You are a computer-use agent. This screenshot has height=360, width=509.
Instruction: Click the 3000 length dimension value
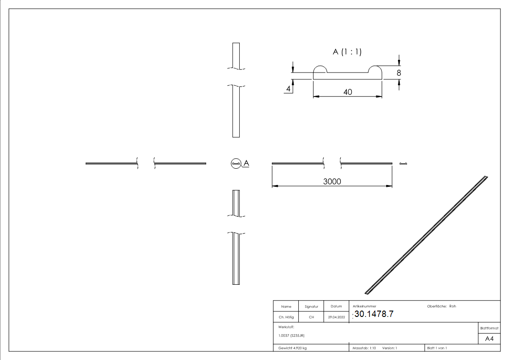[332, 181]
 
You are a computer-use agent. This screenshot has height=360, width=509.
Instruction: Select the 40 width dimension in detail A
[348, 92]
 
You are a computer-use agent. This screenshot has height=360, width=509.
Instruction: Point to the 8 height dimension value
[399, 72]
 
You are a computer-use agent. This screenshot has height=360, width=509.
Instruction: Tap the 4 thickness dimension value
[288, 89]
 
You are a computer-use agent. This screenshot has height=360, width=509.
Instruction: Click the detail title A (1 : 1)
[347, 52]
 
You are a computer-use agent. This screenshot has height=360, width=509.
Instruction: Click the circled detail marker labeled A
[236, 163]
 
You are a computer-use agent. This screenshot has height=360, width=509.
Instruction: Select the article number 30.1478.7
[374, 314]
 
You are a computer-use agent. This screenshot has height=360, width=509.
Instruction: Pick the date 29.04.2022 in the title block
[336, 317]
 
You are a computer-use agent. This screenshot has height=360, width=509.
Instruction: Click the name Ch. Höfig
[286, 317]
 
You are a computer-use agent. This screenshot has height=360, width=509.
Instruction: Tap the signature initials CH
[311, 317]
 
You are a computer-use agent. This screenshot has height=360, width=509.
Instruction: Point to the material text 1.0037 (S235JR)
[291, 336]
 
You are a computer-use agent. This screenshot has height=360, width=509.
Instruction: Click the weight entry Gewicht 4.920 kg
[292, 348]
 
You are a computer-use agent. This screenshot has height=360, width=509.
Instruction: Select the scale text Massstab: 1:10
[364, 348]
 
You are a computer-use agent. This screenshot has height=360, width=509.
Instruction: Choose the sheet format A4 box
[489, 339]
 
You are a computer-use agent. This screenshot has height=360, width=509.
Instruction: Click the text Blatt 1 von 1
[437, 348]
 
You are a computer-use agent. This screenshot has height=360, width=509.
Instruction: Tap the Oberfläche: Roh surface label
[441, 306]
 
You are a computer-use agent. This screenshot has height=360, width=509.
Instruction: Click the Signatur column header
[311, 306]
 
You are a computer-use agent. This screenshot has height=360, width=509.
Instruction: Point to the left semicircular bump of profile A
[320, 69]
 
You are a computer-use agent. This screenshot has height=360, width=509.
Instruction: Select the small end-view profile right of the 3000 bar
[403, 163]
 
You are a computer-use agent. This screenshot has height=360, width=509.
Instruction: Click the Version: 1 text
[389, 348]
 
